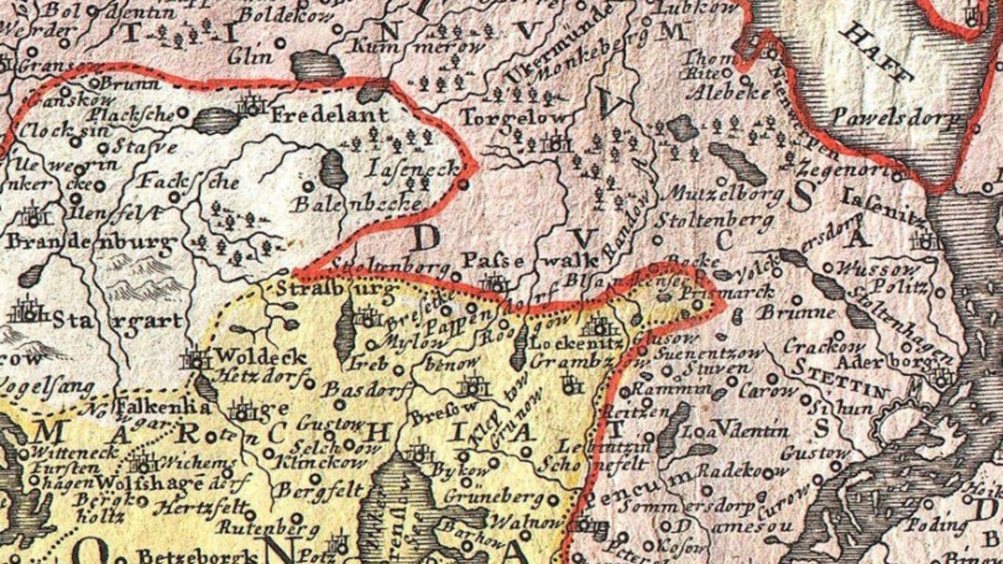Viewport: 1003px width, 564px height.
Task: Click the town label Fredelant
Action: point(330,115)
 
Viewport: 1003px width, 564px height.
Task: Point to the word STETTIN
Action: point(839,375)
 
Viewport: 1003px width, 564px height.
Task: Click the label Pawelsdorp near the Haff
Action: point(896,116)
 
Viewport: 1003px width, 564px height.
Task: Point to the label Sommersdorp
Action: point(688,507)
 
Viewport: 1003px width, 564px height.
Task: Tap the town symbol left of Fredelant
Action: point(252,105)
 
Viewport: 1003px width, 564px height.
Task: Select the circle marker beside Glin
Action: point(280,43)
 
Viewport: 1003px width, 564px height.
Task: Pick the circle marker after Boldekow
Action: point(339,29)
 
